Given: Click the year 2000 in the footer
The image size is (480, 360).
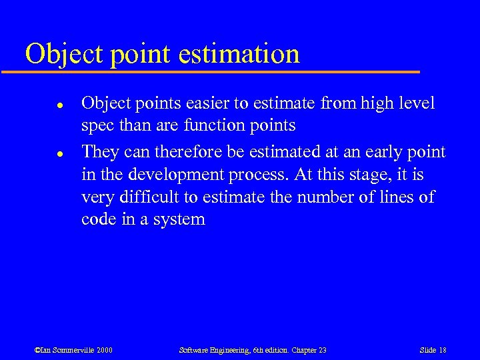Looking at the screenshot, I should coord(103,350).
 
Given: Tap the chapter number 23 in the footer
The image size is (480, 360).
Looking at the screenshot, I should coord(321,350).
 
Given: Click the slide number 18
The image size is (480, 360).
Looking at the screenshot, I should coord(441,350).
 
